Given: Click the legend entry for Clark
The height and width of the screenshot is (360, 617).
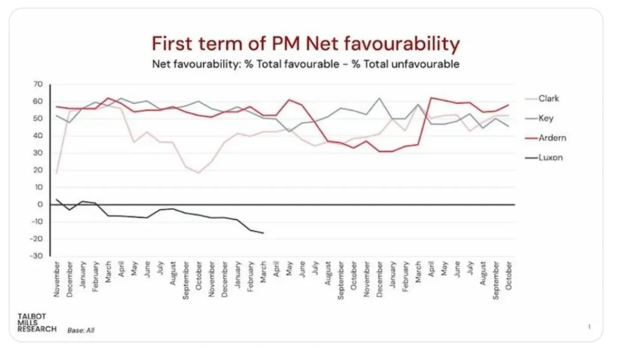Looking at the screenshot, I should (548, 99).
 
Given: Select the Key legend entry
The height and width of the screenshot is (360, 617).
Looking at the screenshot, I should (546, 118).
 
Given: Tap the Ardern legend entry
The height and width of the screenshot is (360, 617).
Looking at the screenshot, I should (552, 138).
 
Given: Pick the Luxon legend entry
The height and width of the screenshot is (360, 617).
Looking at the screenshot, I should (550, 158).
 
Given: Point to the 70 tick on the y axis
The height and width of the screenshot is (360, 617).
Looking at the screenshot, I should (38, 84).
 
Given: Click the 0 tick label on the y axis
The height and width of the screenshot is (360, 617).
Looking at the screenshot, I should (40, 205).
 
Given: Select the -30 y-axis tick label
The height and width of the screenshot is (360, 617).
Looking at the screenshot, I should (35, 256).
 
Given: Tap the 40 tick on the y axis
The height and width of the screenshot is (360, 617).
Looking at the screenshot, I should (38, 136).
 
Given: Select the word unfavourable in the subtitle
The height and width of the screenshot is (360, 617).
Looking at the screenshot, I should (428, 64).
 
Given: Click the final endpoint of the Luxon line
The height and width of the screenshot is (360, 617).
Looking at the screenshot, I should (264, 233).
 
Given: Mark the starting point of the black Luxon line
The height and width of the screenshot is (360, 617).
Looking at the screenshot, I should (57, 199).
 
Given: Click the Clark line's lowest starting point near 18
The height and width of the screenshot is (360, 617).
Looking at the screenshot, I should (57, 173).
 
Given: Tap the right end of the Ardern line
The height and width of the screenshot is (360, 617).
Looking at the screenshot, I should (509, 105).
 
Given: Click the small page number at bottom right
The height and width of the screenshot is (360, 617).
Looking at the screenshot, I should (590, 327).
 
